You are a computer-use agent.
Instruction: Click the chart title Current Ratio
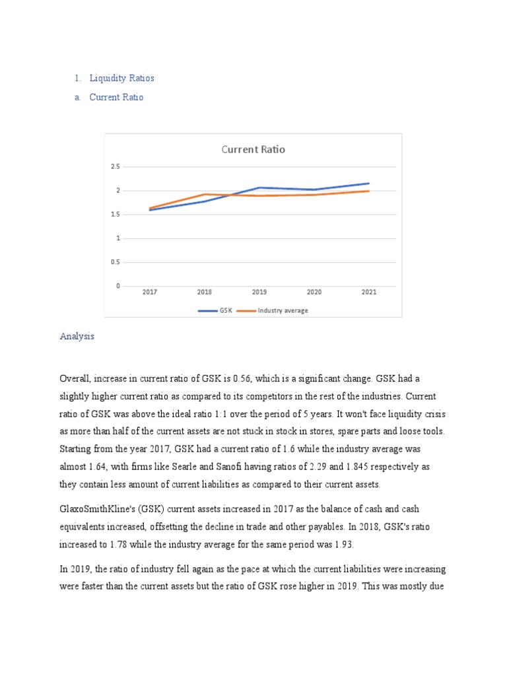[x=253, y=149]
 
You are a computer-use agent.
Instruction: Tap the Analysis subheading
[x=77, y=336]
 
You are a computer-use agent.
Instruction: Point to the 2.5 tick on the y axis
[x=116, y=167]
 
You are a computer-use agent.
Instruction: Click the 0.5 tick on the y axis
[x=116, y=262]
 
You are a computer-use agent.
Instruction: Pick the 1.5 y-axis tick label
[x=116, y=215]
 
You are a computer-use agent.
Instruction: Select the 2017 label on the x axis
[x=150, y=292]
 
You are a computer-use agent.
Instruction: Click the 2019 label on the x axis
[x=259, y=292]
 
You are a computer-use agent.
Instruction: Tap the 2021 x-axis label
[x=369, y=292]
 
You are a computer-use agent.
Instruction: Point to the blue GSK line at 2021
[x=369, y=183]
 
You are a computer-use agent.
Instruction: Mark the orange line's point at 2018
[x=205, y=194]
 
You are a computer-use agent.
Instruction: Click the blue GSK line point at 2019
[x=259, y=187]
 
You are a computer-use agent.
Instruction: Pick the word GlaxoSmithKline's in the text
[x=96, y=509]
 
